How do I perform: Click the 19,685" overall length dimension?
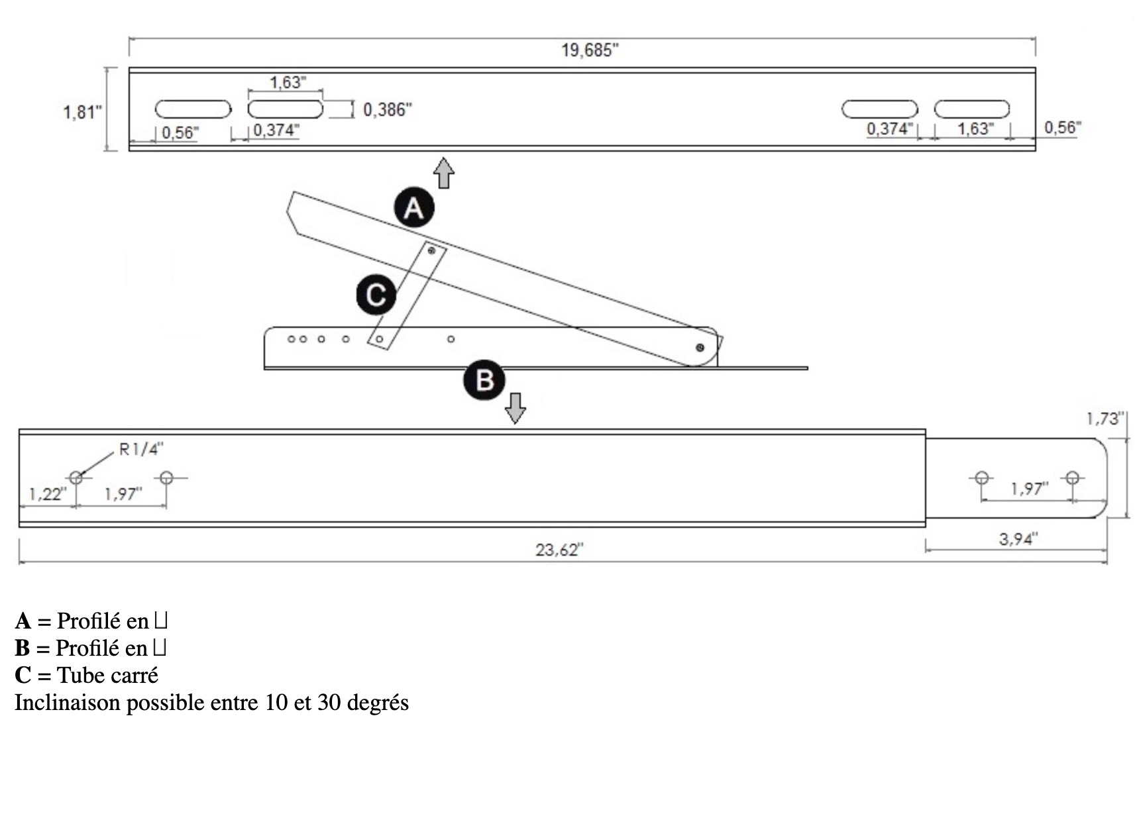click(x=590, y=50)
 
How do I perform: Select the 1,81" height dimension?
click(x=82, y=112)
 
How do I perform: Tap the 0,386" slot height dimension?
click(x=387, y=110)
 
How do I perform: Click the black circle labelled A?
click(x=414, y=208)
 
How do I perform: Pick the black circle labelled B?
click(x=484, y=380)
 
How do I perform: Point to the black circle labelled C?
click(x=376, y=295)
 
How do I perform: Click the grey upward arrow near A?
click(x=444, y=173)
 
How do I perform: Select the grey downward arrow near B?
click(x=515, y=407)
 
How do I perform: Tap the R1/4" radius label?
click(x=141, y=449)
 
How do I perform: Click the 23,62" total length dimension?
click(x=559, y=550)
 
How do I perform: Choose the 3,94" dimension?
click(x=1018, y=539)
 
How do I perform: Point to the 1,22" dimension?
click(x=47, y=494)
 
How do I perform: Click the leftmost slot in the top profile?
click(x=193, y=109)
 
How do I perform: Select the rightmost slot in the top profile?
click(x=971, y=109)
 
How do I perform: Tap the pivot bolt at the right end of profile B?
click(x=700, y=348)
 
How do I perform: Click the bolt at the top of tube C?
click(x=432, y=250)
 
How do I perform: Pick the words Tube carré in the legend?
click(x=107, y=675)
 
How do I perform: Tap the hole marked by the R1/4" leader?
click(x=76, y=478)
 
